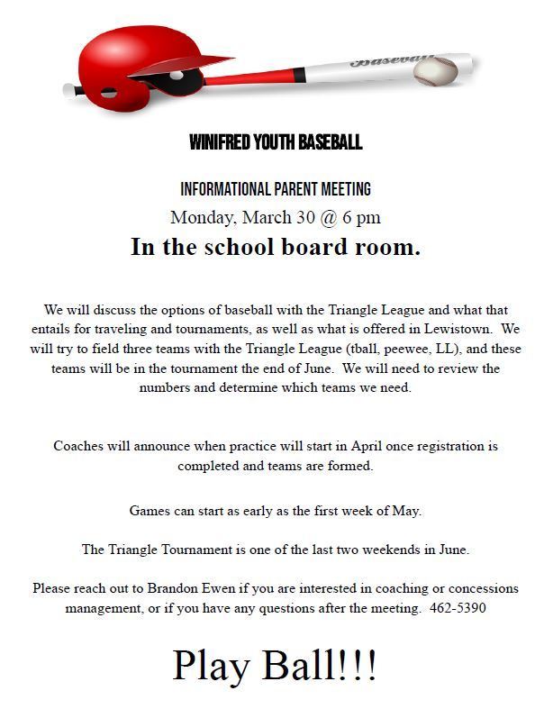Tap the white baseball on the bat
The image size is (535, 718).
438,70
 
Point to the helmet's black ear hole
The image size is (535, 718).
174,81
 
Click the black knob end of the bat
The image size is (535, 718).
69,89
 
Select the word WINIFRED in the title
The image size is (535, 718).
220,142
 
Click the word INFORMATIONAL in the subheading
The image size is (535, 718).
226,189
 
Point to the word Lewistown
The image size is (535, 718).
456,329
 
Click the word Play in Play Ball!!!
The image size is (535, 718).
213,665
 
